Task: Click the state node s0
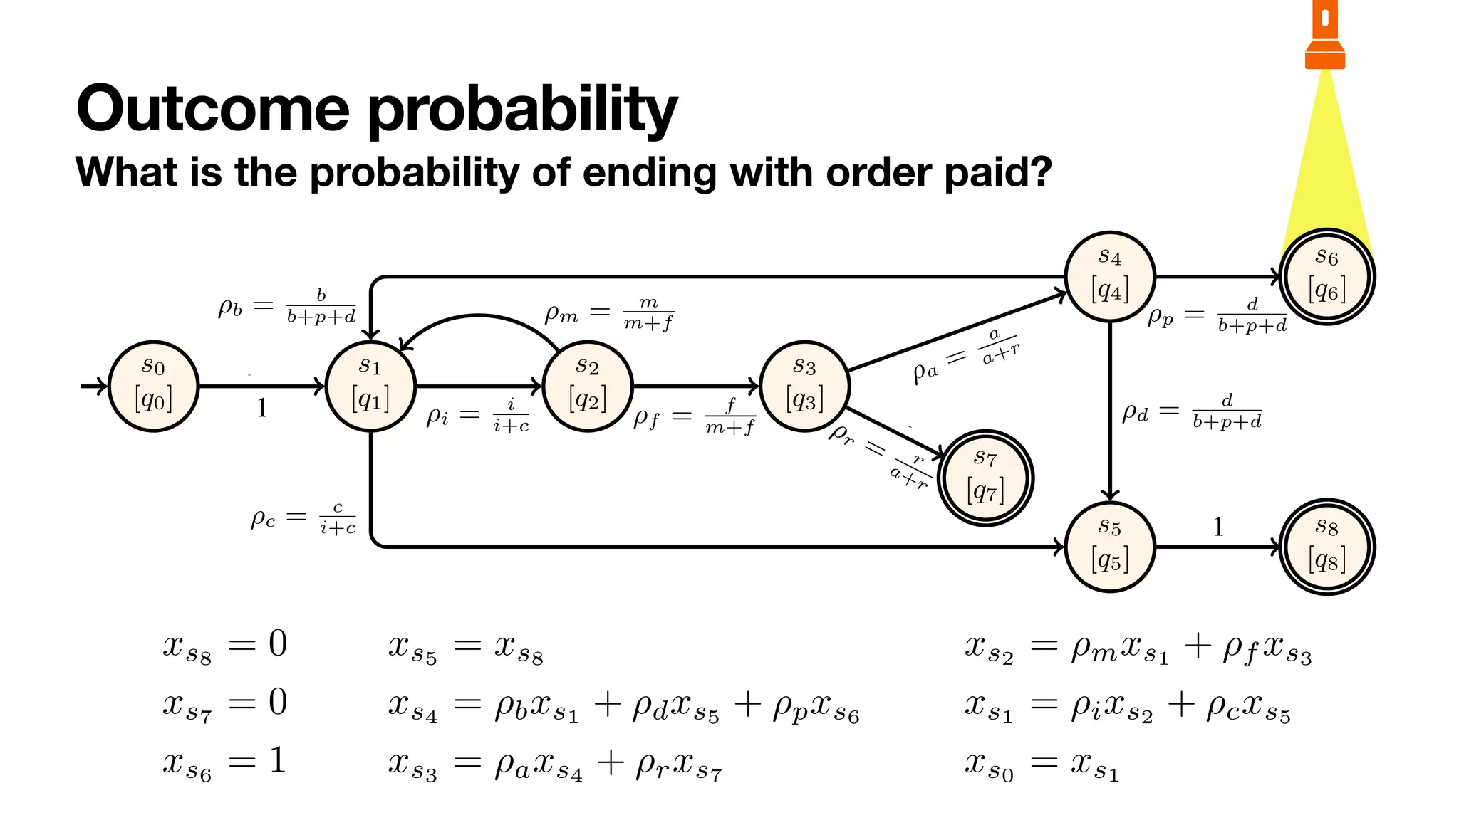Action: [x=153, y=386]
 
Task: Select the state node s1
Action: [x=370, y=386]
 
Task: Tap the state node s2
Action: [x=588, y=386]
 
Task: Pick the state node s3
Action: [x=804, y=386]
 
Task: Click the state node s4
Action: [x=1110, y=276]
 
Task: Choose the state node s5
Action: [x=1110, y=547]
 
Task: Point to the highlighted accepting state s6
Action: [x=1327, y=276]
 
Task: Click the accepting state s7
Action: [x=985, y=478]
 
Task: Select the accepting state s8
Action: [x=1327, y=547]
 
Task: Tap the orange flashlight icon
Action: [x=1325, y=36]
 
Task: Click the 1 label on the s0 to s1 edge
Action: [x=261, y=408]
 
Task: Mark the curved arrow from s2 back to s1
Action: [x=479, y=317]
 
